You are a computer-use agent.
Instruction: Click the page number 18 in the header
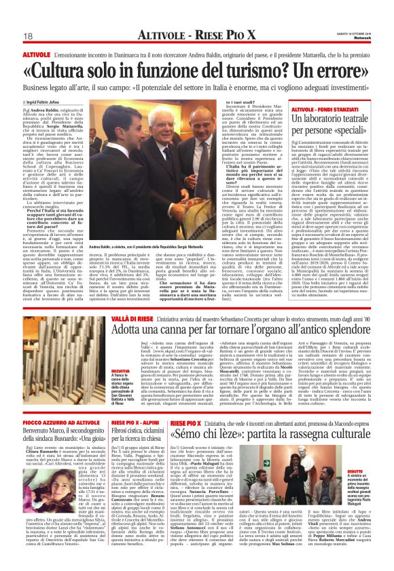(28, 36)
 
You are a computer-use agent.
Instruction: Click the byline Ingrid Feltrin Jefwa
(48, 102)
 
